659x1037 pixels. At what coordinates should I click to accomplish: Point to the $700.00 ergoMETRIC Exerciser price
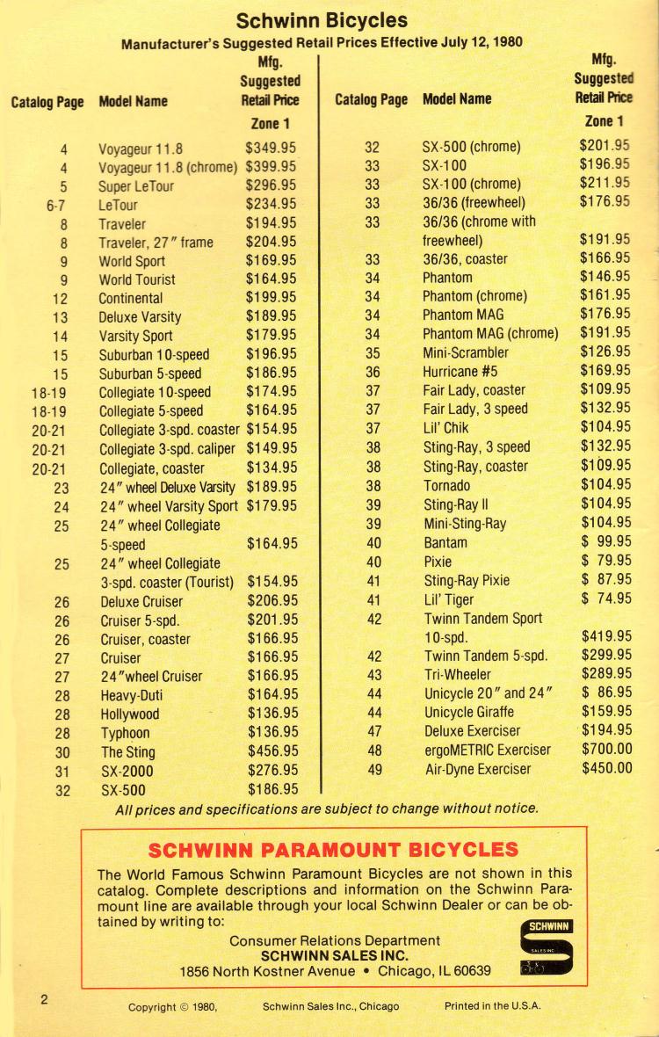(605, 750)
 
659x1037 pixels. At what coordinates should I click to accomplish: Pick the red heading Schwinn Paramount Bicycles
(333, 850)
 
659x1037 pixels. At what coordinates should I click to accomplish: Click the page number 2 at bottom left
(42, 999)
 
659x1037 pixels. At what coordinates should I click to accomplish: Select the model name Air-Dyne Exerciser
(477, 769)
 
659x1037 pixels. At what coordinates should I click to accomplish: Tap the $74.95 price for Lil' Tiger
(605, 598)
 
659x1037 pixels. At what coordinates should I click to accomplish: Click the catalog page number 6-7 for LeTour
(57, 205)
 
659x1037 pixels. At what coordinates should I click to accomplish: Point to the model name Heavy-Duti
(132, 695)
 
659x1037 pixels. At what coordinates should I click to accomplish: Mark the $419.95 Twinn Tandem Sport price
(605, 636)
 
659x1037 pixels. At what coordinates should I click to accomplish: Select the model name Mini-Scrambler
(466, 352)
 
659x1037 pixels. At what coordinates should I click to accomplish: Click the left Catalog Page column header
(47, 102)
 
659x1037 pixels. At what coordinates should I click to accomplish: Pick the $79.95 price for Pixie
(605, 561)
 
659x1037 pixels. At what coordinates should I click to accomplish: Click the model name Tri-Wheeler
(458, 675)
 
